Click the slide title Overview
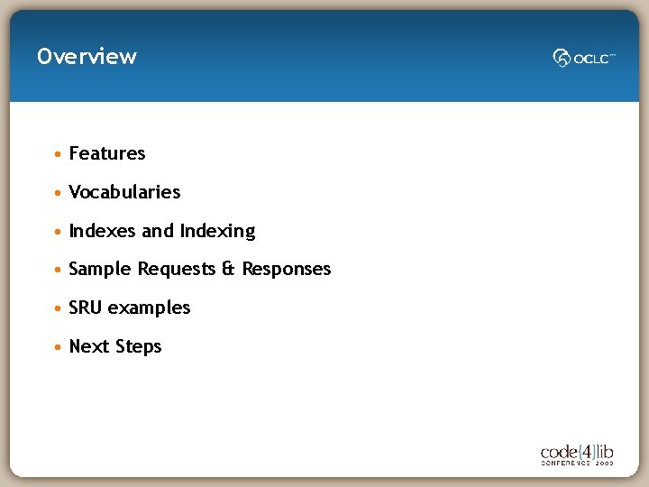(x=87, y=56)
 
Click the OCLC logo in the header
(x=584, y=58)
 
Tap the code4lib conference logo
(x=577, y=453)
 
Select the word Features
(x=106, y=153)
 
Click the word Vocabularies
(x=124, y=192)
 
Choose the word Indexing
(x=217, y=232)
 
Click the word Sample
(x=100, y=270)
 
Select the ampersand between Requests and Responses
(x=229, y=270)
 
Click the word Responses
(x=287, y=270)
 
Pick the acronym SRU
(x=86, y=308)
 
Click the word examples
(x=149, y=308)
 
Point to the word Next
(x=87, y=346)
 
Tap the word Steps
(x=137, y=347)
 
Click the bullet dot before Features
(x=58, y=154)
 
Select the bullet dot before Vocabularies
(x=58, y=193)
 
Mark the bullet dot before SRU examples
(x=58, y=308)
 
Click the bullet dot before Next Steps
(x=58, y=347)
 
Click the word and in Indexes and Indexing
(x=158, y=231)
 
